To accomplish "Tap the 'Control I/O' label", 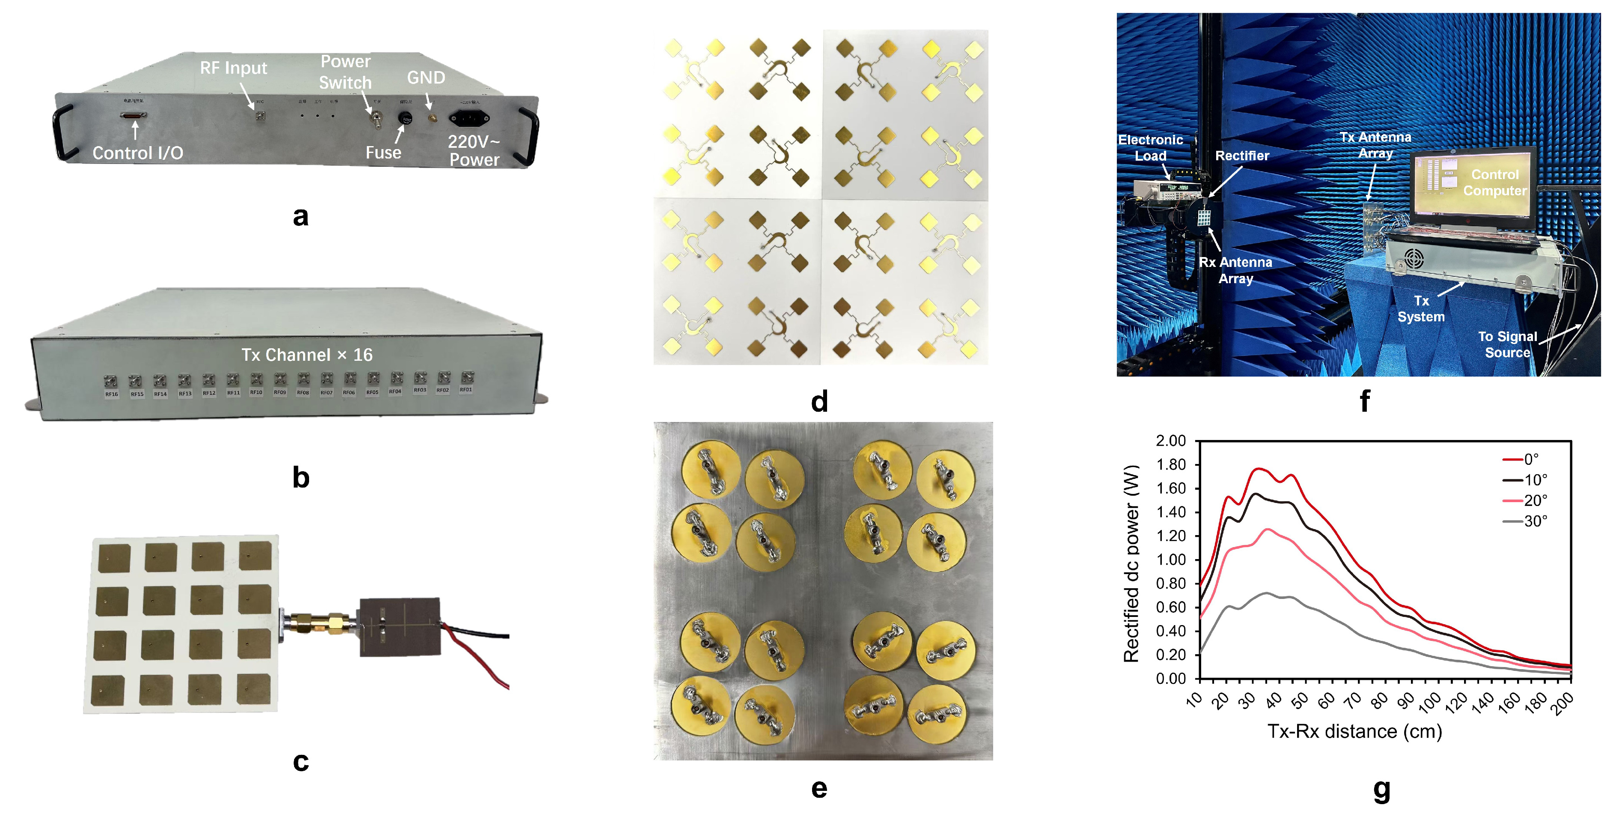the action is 138,153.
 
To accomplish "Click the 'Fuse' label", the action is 384,153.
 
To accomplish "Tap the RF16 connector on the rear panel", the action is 111,382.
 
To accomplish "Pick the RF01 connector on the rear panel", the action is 467,378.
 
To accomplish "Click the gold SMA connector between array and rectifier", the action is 321,622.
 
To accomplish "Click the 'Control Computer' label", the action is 1495,182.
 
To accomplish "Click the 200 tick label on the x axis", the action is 1562,703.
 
